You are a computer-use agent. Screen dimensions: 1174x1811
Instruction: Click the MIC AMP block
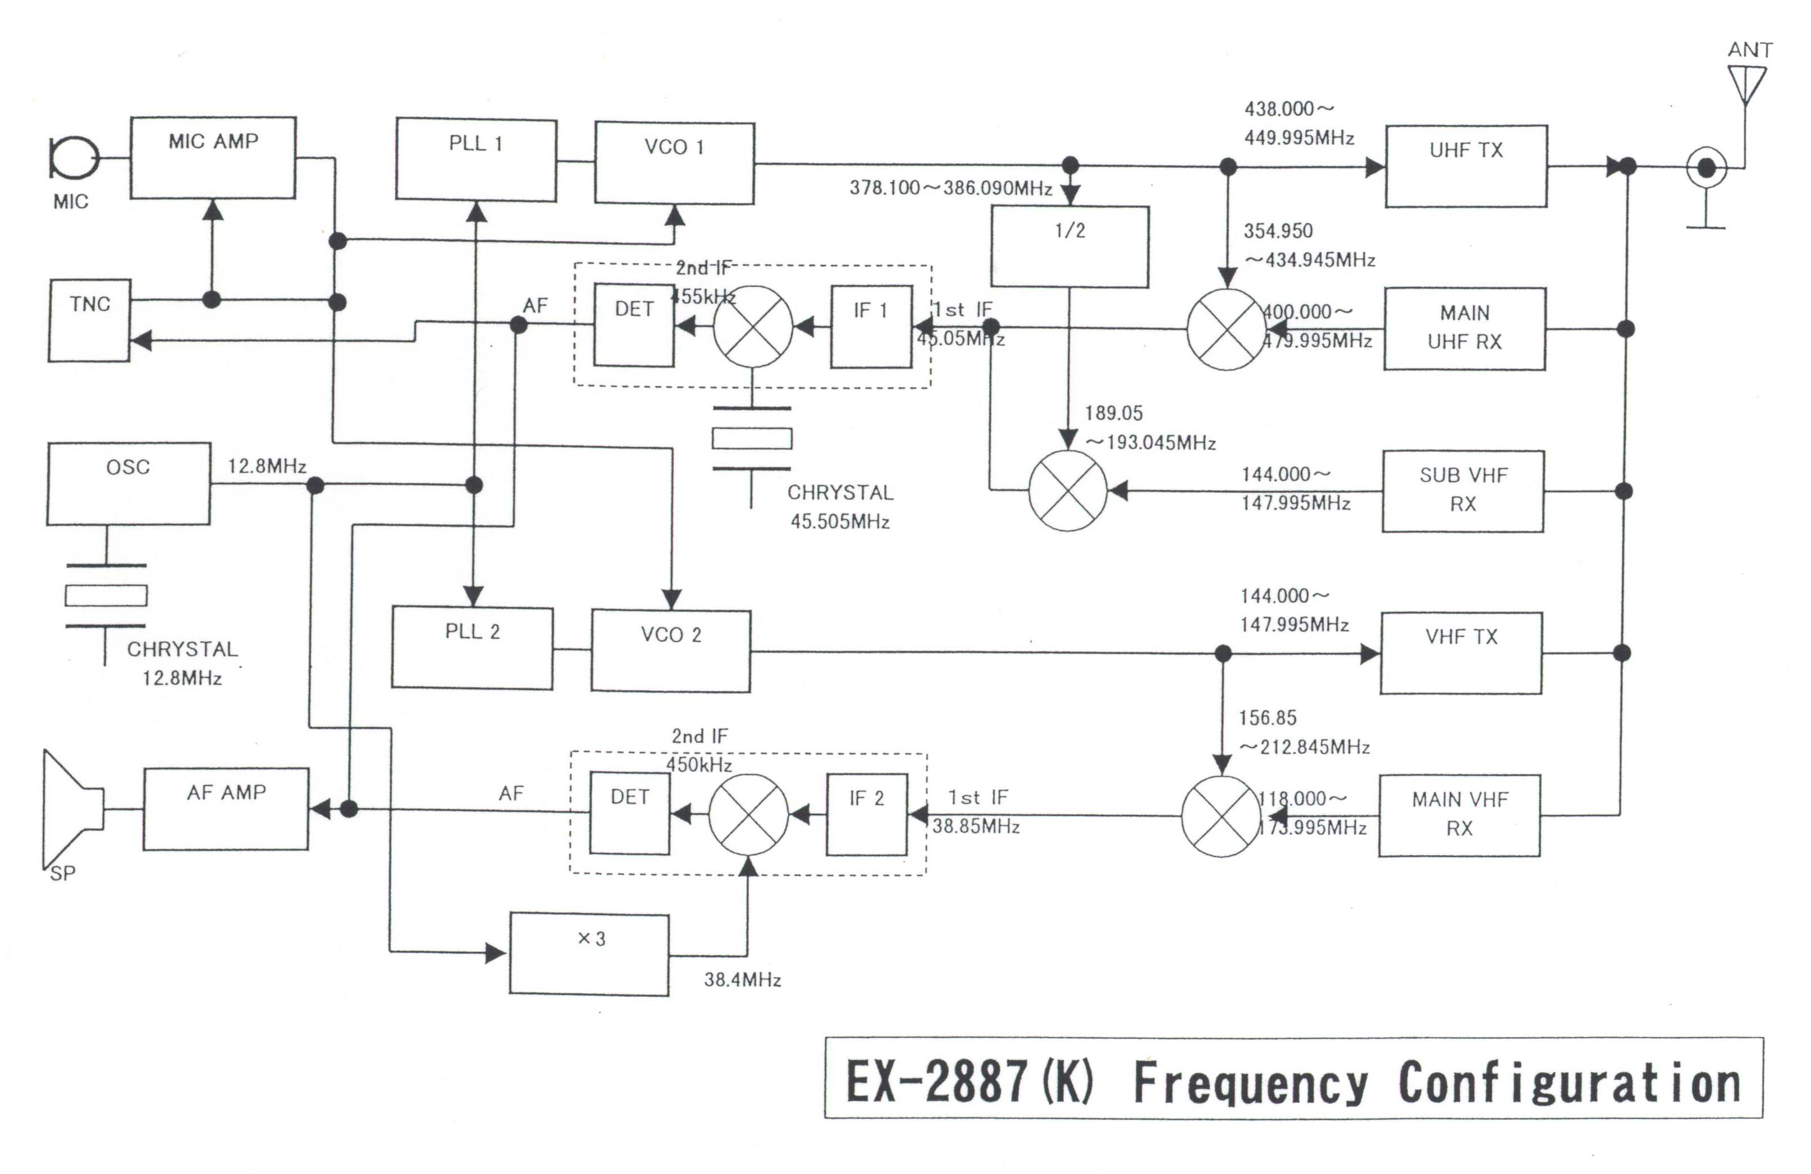point(213,158)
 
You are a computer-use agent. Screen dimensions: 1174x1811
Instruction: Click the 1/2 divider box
point(1069,246)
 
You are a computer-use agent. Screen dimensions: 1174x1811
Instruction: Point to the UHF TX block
point(1466,166)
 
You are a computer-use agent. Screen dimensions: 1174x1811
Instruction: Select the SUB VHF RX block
point(1462,490)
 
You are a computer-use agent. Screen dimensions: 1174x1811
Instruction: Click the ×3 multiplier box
point(589,954)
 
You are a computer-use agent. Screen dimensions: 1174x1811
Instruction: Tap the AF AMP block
point(226,809)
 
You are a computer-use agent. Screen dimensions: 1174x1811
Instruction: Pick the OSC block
point(129,484)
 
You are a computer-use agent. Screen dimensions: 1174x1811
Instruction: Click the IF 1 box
point(871,327)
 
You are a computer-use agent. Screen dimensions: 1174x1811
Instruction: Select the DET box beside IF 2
point(630,813)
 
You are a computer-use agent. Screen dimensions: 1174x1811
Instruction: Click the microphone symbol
point(74,158)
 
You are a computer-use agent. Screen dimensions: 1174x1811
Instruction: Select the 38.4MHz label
point(743,979)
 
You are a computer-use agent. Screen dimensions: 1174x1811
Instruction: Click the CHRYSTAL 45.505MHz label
point(840,507)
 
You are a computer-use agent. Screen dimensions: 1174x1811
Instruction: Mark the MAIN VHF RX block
point(1460,815)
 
